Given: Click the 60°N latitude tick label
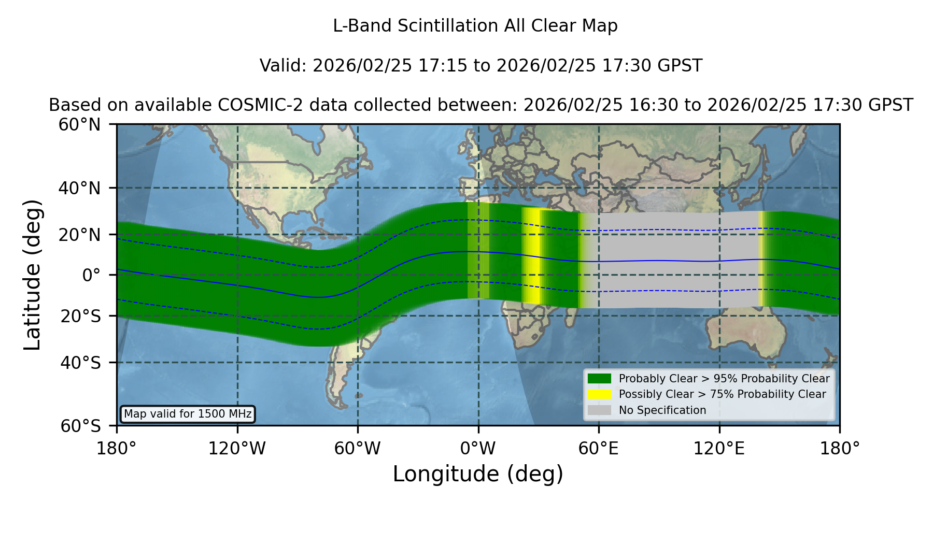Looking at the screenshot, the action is click(79, 125).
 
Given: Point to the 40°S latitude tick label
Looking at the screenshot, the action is click(80, 363).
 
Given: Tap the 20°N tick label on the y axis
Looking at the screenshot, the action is click(79, 235).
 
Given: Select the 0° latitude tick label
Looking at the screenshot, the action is click(91, 275).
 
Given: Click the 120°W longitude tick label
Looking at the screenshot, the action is click(237, 448).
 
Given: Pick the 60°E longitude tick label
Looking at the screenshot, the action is click(599, 448).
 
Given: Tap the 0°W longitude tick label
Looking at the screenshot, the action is click(478, 448).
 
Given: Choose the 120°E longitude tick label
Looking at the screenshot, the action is click(719, 448).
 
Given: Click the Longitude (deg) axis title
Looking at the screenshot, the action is click(478, 474).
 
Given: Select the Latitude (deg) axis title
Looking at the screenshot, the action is click(32, 275).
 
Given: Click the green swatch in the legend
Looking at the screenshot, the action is click(600, 379).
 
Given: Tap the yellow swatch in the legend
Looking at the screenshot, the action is click(600, 394).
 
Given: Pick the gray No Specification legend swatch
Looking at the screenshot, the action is click(600, 410).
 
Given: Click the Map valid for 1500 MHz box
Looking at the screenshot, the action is click(188, 414).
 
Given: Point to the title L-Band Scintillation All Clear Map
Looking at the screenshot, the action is click(475, 26).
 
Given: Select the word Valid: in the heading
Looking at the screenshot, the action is click(284, 66).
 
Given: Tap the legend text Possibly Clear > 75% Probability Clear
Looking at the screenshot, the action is click(723, 394).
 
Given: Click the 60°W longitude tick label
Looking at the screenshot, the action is click(358, 448).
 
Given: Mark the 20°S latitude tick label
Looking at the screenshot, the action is click(80, 316).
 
